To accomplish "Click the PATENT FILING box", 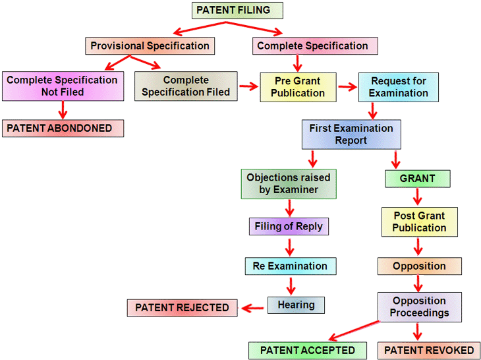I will click(238, 11).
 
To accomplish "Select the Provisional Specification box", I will click(150, 46).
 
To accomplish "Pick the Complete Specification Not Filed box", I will click(63, 86).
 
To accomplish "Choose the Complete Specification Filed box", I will click(186, 86).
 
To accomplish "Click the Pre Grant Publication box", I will click(298, 86).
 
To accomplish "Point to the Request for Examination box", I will click(398, 87).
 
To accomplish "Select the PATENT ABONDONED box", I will click(63, 127).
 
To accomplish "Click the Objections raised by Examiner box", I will click(289, 183).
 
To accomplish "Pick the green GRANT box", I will click(417, 179).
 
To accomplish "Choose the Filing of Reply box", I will click(289, 226).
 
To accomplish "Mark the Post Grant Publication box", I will click(419, 222).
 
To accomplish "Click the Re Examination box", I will click(290, 266).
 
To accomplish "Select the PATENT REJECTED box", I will click(182, 307).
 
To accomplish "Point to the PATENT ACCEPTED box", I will click(307, 350).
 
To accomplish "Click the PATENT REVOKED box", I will click(429, 350).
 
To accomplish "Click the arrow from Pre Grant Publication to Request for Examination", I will click(346, 86).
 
